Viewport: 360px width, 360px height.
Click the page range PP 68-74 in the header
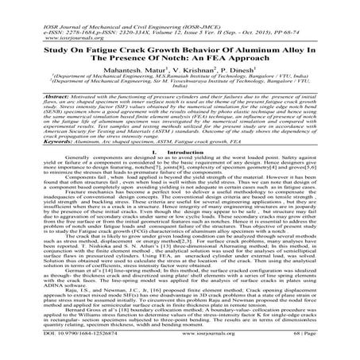324,16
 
